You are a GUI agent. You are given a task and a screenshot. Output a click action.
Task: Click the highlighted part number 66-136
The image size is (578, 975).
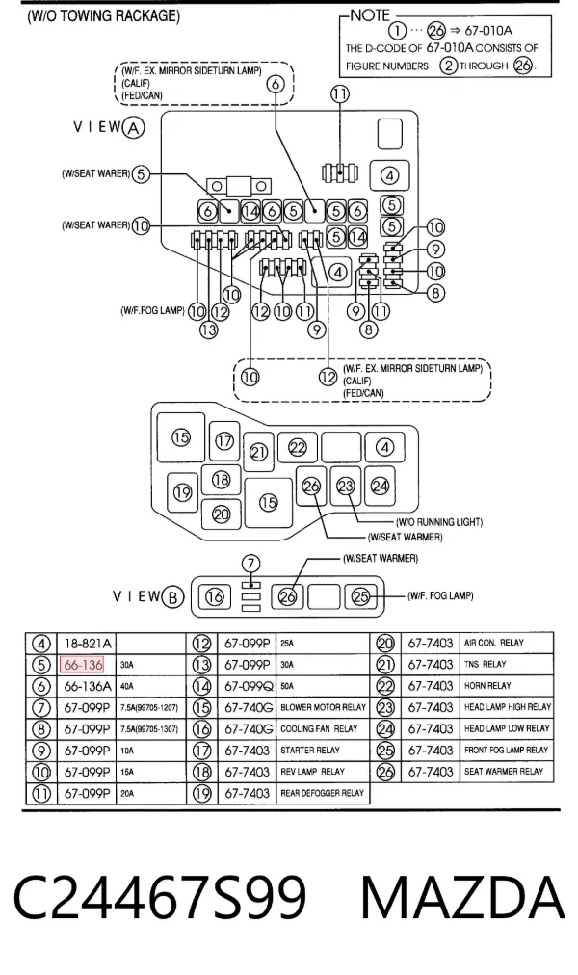[83, 665]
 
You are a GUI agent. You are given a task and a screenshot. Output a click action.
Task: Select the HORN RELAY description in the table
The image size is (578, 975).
[487, 686]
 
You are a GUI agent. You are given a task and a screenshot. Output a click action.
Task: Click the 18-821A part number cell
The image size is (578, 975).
[88, 644]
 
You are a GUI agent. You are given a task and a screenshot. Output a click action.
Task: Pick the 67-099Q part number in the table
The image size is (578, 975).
[249, 687]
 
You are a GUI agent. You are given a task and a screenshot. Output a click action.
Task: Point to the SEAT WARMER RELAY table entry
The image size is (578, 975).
[504, 772]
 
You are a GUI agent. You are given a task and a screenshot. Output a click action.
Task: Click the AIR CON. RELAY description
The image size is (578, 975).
[493, 643]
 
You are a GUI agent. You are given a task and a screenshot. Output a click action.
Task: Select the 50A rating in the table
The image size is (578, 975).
[286, 687]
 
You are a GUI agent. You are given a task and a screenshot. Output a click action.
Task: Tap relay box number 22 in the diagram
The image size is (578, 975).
[298, 448]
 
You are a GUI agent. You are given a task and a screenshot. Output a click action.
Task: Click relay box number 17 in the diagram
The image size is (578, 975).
[224, 441]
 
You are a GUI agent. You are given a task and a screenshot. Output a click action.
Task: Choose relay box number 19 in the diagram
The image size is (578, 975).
[183, 493]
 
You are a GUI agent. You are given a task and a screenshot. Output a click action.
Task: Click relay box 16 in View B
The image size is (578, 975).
[215, 597]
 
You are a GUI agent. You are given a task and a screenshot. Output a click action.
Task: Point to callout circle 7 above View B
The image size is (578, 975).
[250, 565]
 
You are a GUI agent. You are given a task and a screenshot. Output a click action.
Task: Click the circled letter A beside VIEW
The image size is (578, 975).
[134, 128]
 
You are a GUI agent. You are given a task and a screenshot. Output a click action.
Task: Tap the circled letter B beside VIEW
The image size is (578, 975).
[172, 597]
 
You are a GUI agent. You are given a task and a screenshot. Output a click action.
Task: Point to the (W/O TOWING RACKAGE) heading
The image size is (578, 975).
[104, 16]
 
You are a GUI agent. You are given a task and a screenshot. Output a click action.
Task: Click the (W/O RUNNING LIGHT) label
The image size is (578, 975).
[439, 522]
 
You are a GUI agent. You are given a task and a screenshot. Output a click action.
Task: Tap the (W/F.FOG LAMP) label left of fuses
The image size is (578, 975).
[152, 310]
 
